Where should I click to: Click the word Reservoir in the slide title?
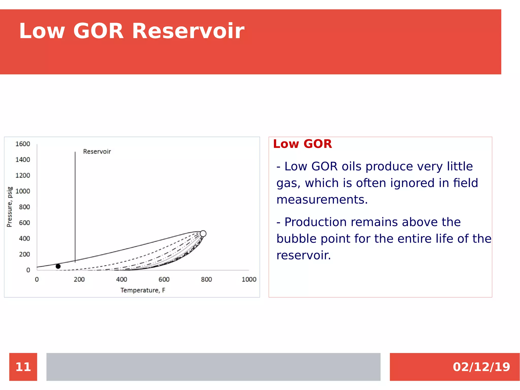coord(188,31)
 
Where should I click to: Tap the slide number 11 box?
coord(23,367)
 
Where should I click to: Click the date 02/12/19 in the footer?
coord(481,367)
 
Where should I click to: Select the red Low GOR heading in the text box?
coord(302,144)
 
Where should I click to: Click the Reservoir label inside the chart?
coord(97,152)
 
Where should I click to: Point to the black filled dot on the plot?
coord(58,266)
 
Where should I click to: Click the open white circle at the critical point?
coord(203,233)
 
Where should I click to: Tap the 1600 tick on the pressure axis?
coord(23,144)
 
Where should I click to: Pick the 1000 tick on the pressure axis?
coord(23,191)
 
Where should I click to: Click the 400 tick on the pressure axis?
coord(24,239)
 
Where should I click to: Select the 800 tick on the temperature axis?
coord(206,279)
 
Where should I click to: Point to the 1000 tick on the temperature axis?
coord(249,279)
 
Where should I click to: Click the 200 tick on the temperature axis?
coord(79,279)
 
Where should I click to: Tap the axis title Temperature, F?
coord(143,290)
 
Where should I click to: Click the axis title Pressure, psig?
coord(9,207)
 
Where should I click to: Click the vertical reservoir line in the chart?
coord(75,203)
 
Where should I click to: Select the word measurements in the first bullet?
coord(322,200)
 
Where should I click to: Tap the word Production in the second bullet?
coord(316,222)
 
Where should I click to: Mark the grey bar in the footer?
coord(213,367)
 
